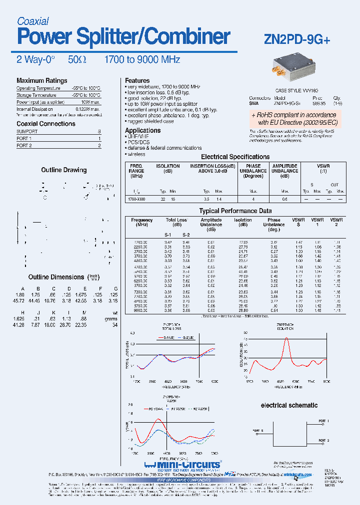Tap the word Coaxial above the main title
[x=32, y=21]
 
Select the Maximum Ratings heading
[x=41, y=81]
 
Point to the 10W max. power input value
[x=90, y=102]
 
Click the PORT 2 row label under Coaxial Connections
[x=24, y=146]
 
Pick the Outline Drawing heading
[x=63, y=170]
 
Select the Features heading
[x=137, y=80]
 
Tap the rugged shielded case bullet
[x=149, y=121]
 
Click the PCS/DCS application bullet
[x=139, y=142]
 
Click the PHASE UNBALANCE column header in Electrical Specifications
[x=253, y=171]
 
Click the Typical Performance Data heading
[x=235, y=211]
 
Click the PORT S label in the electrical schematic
[x=258, y=430]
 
